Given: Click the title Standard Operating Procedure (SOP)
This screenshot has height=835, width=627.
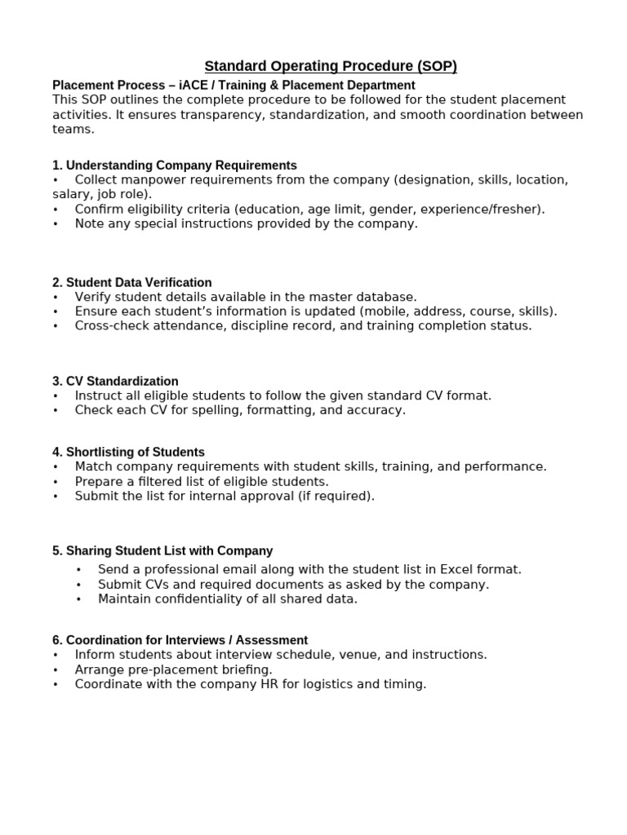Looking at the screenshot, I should tap(331, 66).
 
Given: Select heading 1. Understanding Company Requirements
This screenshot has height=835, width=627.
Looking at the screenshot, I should tap(175, 166).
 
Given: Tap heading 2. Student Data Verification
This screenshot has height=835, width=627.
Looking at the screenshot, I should tap(132, 283).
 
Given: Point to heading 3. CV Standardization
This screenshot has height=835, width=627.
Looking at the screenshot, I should tap(115, 382).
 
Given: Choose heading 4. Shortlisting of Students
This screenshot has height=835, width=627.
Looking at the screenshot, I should tap(128, 453).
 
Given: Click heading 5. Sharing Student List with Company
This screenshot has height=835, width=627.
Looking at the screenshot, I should tap(162, 551).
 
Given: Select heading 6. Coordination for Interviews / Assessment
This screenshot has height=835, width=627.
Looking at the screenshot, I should tap(180, 641).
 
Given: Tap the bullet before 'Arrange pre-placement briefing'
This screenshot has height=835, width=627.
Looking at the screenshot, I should tap(56, 670).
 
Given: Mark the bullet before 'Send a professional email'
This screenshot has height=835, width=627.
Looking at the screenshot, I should tap(78, 570).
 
